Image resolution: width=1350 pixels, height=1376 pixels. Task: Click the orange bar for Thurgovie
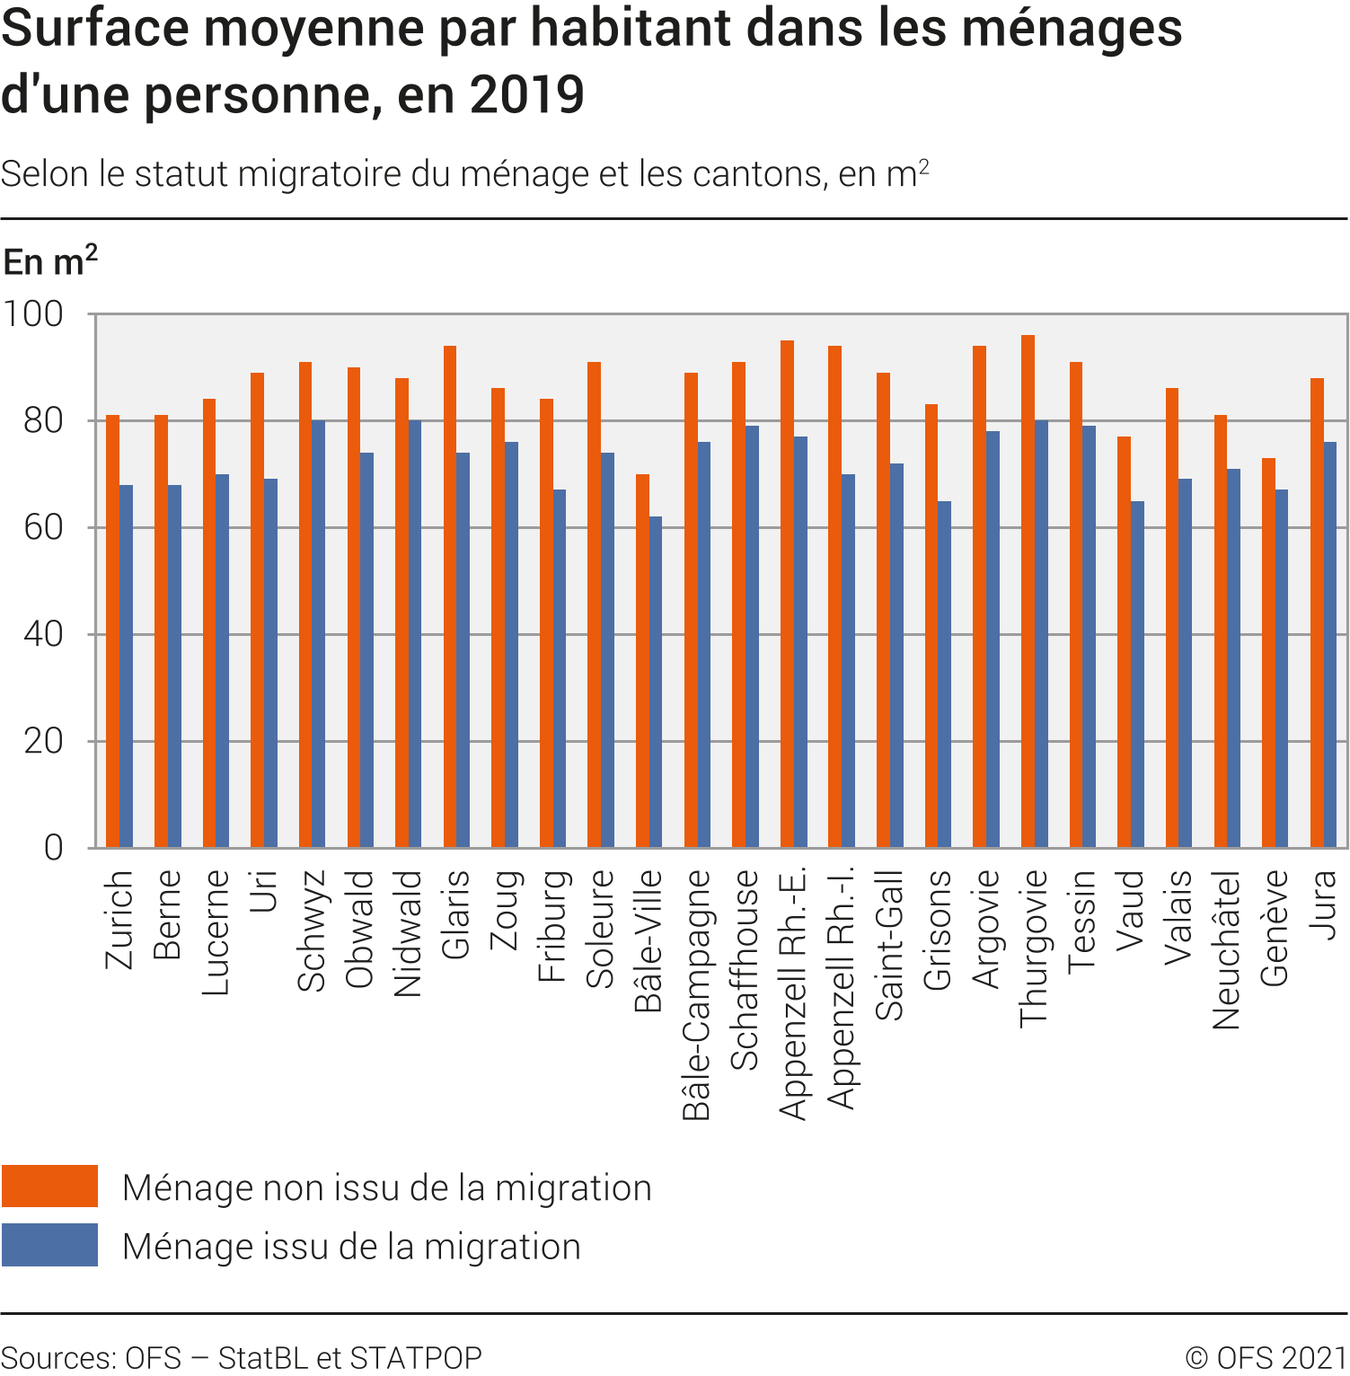click(x=1028, y=593)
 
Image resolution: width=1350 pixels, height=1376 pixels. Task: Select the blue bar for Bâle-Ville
click(x=656, y=683)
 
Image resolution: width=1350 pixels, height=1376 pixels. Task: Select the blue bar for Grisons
click(x=945, y=675)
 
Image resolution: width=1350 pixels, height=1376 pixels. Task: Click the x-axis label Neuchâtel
click(x=1226, y=949)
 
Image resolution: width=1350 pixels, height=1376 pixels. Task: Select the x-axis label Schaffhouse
click(x=745, y=970)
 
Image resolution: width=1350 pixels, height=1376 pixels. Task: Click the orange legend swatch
click(x=49, y=1186)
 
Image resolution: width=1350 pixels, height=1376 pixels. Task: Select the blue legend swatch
click(x=49, y=1245)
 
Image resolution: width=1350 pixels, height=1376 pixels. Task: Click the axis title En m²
click(x=50, y=261)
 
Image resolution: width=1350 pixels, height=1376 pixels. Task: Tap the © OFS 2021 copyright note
click(x=1266, y=1357)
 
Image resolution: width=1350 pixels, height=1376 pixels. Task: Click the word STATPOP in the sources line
click(x=416, y=1357)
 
